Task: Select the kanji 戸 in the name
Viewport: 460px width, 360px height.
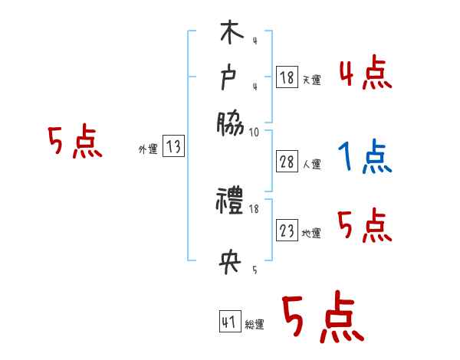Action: coord(230,78)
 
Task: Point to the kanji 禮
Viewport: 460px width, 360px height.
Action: coord(230,203)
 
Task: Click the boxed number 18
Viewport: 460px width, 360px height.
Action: coord(287,77)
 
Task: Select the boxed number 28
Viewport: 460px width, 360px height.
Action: coord(287,162)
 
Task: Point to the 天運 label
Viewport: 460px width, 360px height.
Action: coord(311,80)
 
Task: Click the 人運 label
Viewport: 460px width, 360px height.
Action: coord(311,164)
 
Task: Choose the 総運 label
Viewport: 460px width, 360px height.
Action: coord(255,325)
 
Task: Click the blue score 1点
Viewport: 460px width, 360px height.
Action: coord(364,159)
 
